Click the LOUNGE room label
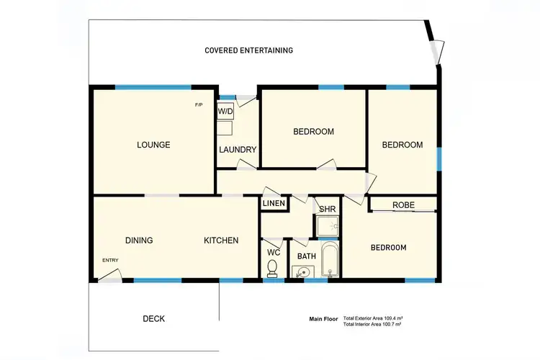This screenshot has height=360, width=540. coord(153,145)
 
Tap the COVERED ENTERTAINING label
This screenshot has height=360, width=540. coord(248,50)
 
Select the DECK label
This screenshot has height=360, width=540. coord(153,318)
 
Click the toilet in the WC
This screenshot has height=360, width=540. coord(272,268)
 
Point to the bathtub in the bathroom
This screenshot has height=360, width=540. coord(330,260)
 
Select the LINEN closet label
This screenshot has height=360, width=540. coord(274,204)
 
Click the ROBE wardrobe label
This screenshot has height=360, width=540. coord(403,205)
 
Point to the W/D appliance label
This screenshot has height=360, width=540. coord(225,112)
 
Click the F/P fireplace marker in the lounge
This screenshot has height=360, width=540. coord(199,106)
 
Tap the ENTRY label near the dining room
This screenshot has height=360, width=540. coord(110,261)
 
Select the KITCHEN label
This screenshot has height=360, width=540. coord(220,240)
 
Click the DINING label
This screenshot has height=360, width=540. coord(138,240)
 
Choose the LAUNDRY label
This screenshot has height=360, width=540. coord(238,150)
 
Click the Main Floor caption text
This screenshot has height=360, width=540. coord(323,318)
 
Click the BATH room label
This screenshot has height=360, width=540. coord(307,256)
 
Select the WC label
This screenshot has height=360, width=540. coord(272,252)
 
